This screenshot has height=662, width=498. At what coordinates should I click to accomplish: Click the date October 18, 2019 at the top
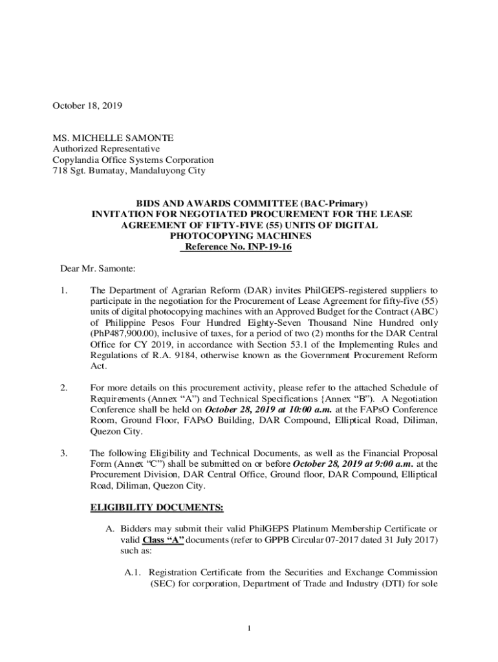[87, 105]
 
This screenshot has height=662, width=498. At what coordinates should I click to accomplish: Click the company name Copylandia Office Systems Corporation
[133, 160]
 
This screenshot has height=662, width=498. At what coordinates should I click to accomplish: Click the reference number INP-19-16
[270, 247]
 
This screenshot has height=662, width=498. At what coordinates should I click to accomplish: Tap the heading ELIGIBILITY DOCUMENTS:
[158, 508]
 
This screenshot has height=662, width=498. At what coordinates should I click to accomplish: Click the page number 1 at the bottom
[248, 629]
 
